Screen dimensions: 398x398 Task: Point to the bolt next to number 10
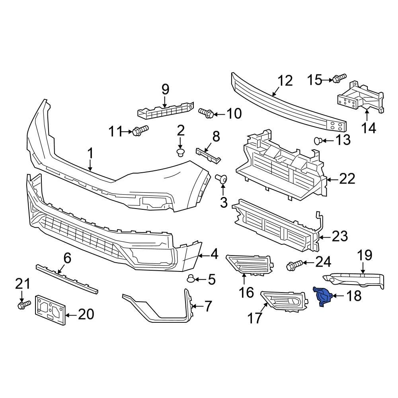point(206,113)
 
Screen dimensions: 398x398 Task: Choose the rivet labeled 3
point(221,179)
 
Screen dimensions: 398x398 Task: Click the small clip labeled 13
point(318,140)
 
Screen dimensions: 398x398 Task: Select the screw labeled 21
point(23,305)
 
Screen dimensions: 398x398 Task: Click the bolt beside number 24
point(293,265)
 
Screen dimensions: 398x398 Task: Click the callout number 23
point(339,236)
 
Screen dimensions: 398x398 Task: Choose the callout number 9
point(165,89)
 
